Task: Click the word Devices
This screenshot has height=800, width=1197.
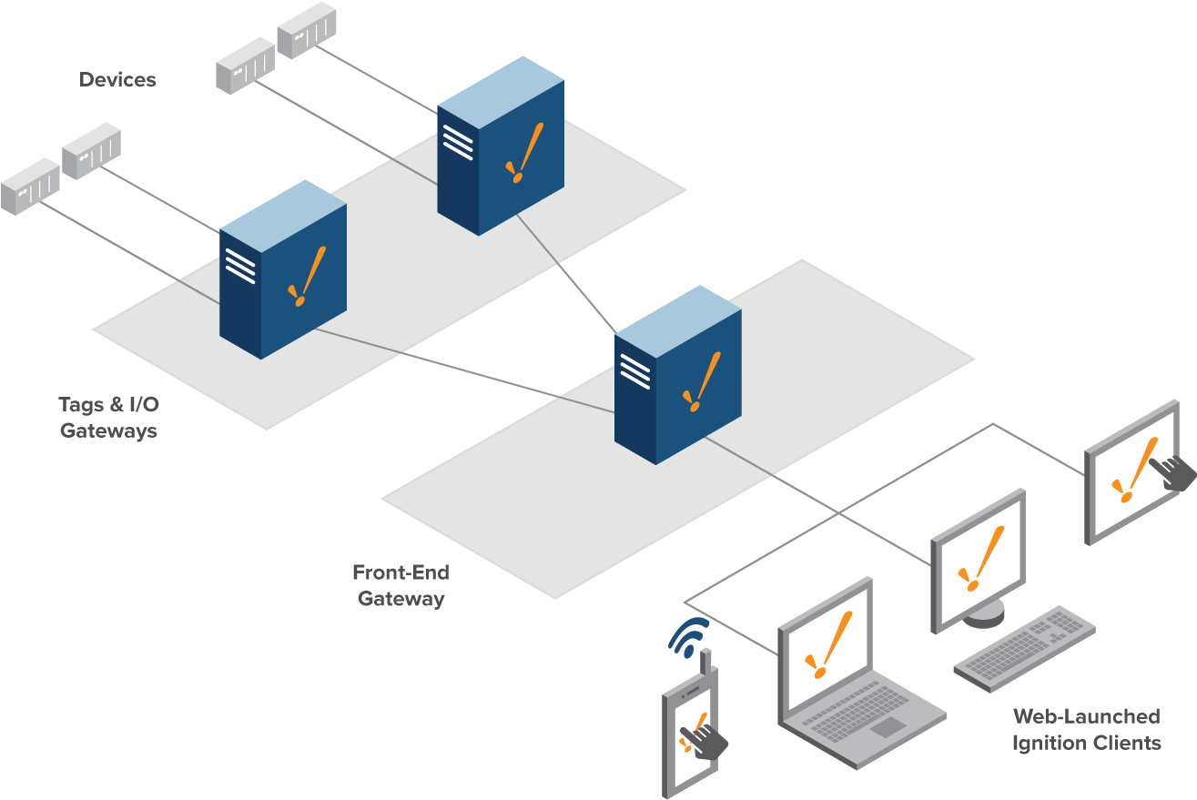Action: [x=117, y=80]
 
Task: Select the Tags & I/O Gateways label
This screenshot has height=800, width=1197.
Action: [x=107, y=417]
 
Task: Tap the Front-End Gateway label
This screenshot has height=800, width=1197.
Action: [x=401, y=585]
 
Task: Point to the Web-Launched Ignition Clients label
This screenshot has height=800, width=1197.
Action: [x=1086, y=729]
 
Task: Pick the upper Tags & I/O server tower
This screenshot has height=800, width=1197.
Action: [x=501, y=146]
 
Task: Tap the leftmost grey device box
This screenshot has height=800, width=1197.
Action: [x=30, y=186]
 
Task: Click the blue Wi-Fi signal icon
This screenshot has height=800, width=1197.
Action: [x=689, y=636]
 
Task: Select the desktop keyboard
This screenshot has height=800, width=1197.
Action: [x=1024, y=648]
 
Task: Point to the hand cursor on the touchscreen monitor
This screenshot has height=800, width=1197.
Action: [x=1172, y=473]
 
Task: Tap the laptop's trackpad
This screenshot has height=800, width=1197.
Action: [x=888, y=726]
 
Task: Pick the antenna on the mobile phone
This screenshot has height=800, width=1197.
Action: [x=705, y=661]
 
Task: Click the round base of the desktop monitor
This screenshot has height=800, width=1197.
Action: [x=984, y=617]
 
